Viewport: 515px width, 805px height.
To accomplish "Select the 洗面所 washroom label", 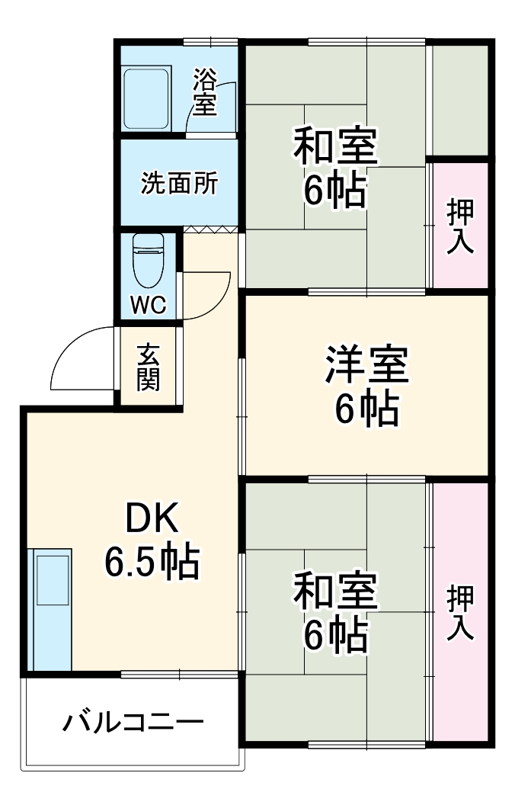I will (x=179, y=184).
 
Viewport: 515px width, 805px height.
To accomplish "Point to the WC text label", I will (x=148, y=305).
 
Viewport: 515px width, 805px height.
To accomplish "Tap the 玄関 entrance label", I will (x=149, y=368).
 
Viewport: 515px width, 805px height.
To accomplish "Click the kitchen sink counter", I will (x=50, y=610).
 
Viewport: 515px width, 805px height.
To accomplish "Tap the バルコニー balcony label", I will (x=133, y=721).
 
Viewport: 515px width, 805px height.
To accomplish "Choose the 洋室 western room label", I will (x=367, y=367).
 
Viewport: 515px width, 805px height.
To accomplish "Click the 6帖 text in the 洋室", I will (x=367, y=411).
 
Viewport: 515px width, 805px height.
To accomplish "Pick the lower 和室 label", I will (x=336, y=592).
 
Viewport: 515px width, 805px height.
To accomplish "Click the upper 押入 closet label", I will (x=460, y=226).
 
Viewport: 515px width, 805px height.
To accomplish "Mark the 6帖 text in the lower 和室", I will (x=336, y=637).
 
